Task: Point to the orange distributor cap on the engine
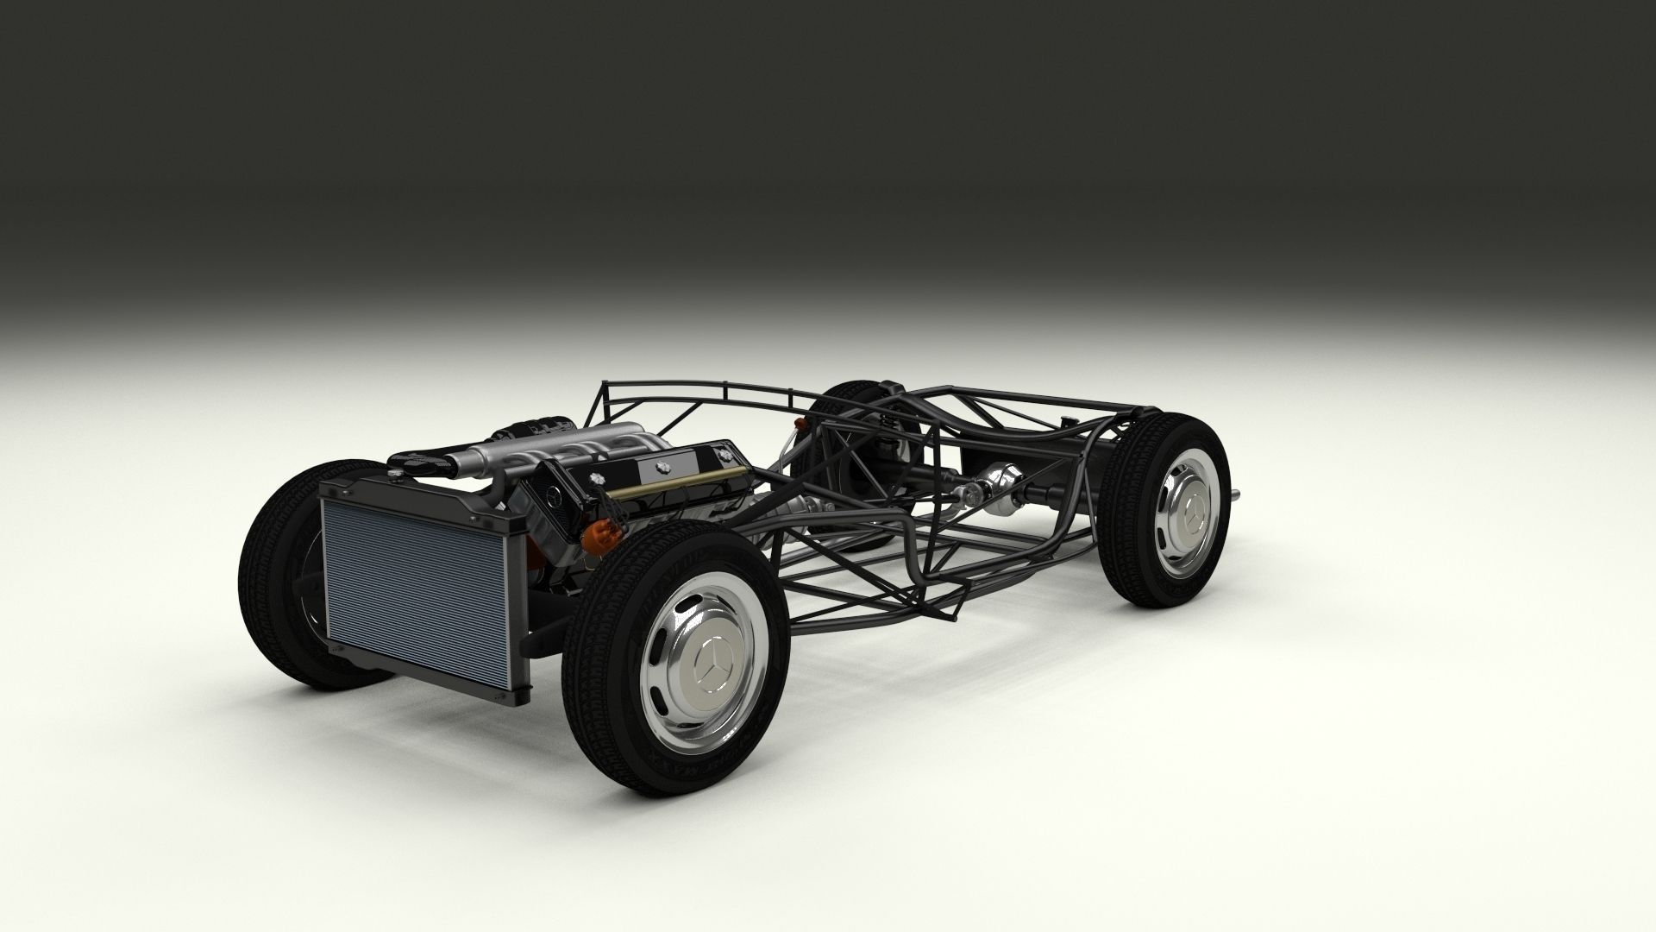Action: point(594,538)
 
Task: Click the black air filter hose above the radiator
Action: point(423,463)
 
